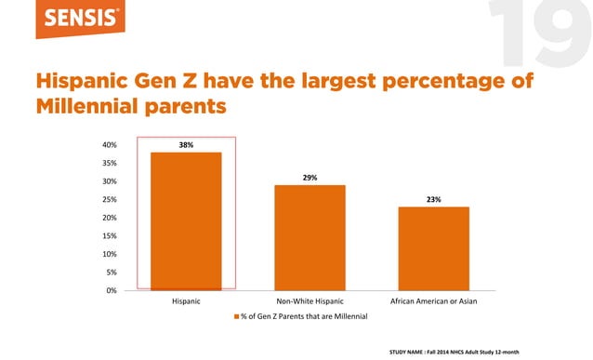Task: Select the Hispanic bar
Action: [187, 220]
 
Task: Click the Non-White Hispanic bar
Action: [310, 237]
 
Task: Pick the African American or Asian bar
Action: [434, 247]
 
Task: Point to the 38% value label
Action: [187, 145]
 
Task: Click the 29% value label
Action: [310, 178]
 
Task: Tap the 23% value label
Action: [434, 199]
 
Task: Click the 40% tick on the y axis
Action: [110, 145]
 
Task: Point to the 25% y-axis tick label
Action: [110, 200]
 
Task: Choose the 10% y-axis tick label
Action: [110, 254]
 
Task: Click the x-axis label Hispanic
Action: [187, 301]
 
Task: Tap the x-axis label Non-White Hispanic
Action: [310, 301]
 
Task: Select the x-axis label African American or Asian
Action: [434, 301]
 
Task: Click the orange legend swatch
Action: [236, 317]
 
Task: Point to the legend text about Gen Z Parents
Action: [305, 317]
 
